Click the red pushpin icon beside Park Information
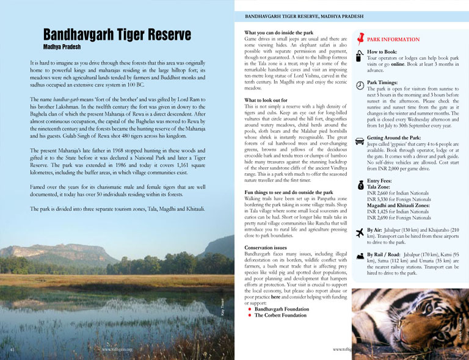point(361,37)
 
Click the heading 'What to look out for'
point(267,99)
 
